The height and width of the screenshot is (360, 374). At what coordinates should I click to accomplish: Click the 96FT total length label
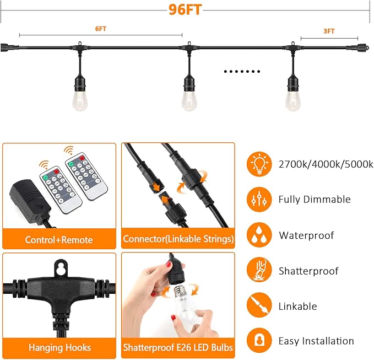185,10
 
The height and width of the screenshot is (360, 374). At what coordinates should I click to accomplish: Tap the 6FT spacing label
101,29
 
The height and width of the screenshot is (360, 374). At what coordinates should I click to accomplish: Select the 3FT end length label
329,31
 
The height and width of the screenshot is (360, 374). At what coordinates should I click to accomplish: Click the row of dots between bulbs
242,71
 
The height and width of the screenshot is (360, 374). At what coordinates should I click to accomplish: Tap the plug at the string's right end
363,47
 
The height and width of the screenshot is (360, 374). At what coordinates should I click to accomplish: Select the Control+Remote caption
59,240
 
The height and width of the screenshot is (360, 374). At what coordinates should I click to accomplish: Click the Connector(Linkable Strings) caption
178,239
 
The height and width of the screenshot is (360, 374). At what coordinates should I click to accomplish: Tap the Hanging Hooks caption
59,347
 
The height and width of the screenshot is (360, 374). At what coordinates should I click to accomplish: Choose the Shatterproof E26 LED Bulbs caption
178,347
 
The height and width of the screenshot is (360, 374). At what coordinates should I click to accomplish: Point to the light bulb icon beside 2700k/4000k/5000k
259,164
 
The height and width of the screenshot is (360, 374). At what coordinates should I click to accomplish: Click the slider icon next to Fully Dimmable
259,200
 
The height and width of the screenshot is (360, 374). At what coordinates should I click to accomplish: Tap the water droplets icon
259,235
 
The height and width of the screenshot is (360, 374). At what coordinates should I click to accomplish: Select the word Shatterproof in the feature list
308,271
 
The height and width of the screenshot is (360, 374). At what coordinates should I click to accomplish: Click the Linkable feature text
297,307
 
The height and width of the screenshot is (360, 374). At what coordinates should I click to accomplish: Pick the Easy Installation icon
259,341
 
